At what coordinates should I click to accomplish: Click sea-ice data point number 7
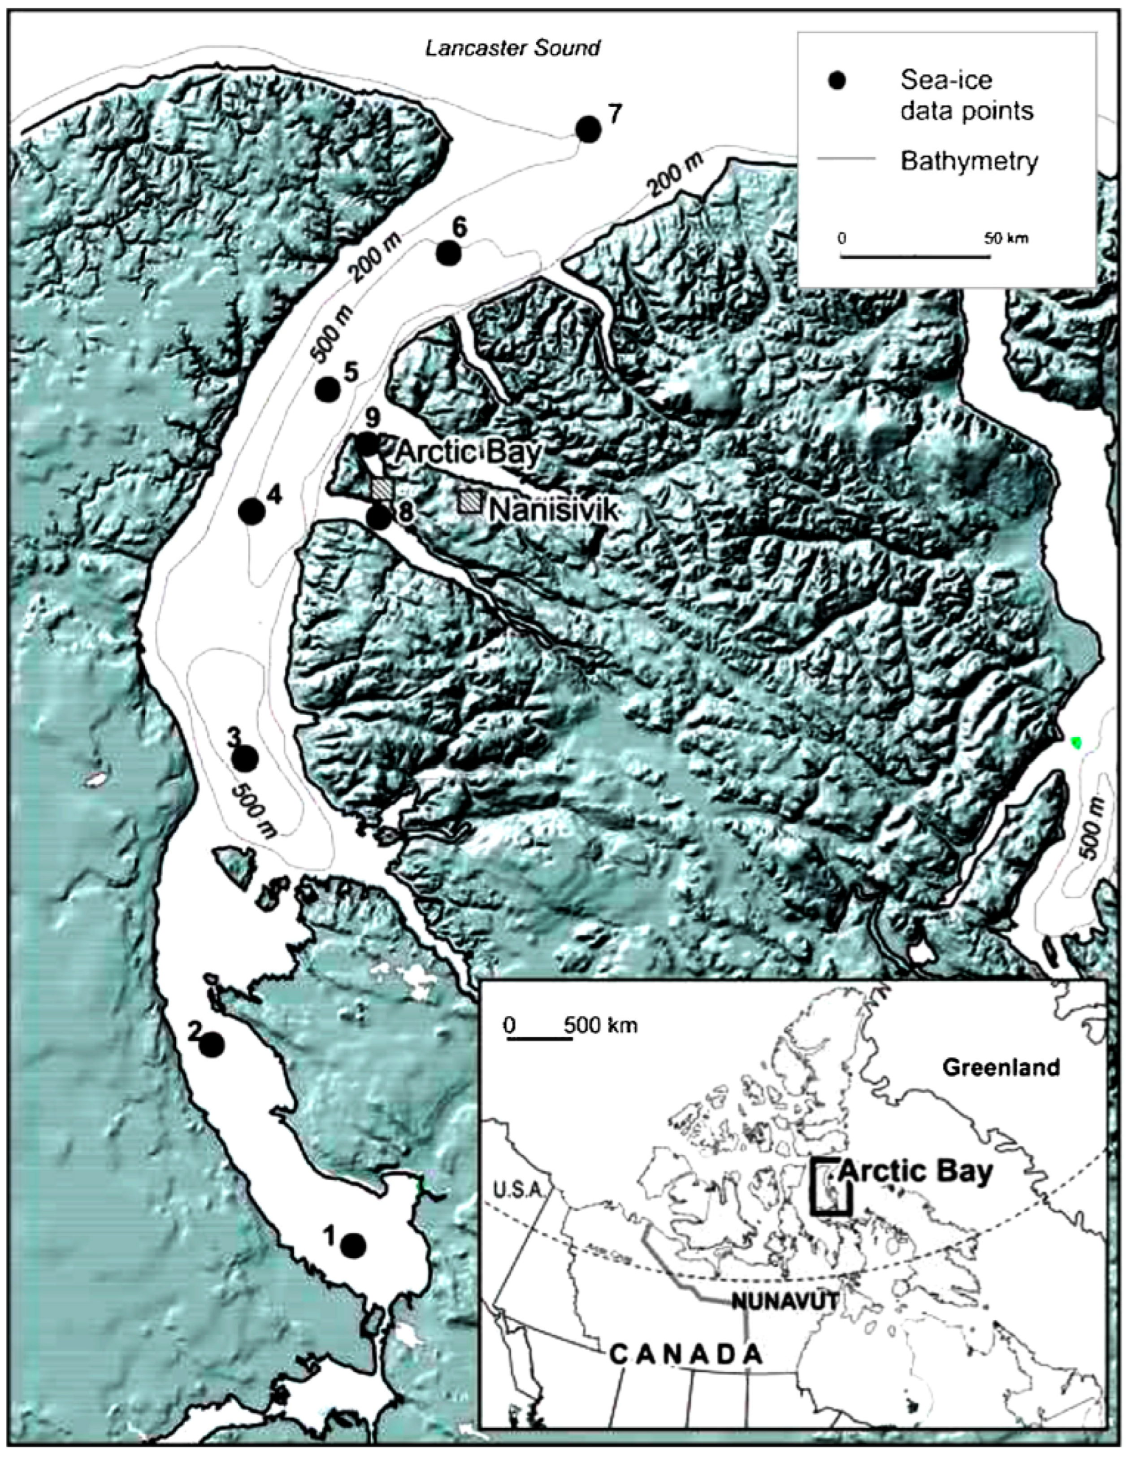pos(588,130)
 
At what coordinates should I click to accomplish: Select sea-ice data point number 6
pos(448,253)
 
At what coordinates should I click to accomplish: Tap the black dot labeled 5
pos(327,389)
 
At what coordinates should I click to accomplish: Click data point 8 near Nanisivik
pos(378,517)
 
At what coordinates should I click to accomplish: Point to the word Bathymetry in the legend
pos(969,162)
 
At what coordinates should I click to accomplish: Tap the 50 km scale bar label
pos(1006,238)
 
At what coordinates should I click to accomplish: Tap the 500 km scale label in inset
pos(600,1026)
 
